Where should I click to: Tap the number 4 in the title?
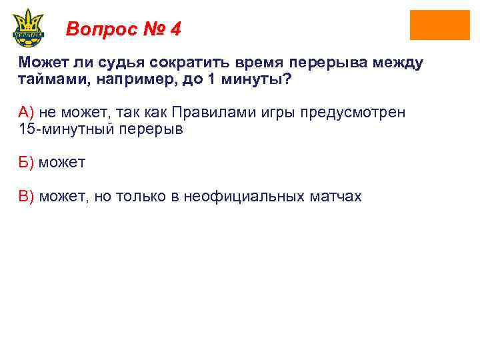(175, 29)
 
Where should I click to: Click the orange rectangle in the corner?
(439, 25)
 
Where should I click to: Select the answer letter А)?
(26, 113)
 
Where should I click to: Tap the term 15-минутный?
(63, 129)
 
